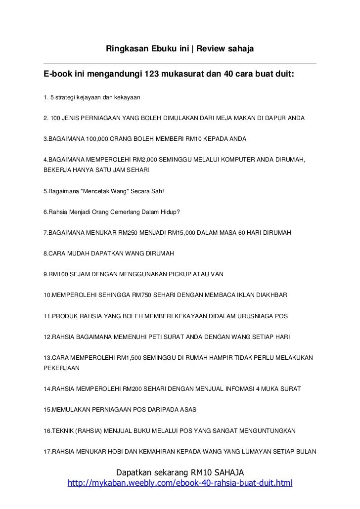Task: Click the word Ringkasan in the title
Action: click(x=125, y=50)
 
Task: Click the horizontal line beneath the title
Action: click(x=180, y=63)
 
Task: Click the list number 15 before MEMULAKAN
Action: click(x=47, y=410)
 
